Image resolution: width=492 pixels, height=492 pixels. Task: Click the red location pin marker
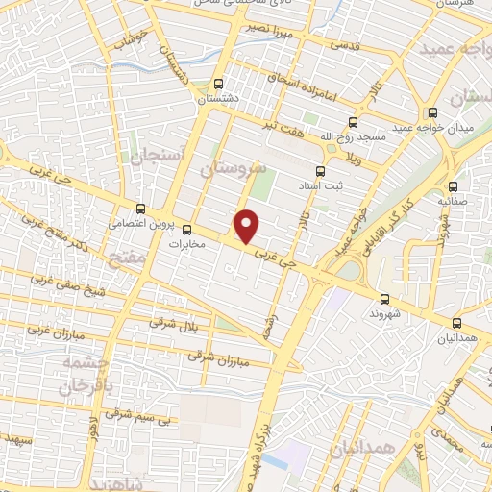(248, 225)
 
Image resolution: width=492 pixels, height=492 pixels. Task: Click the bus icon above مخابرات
(187, 230)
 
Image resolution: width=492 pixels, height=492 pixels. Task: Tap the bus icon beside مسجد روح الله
(353, 122)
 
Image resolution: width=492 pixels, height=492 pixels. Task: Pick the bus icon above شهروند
(384, 299)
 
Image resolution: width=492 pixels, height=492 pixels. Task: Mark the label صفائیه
(454, 203)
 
